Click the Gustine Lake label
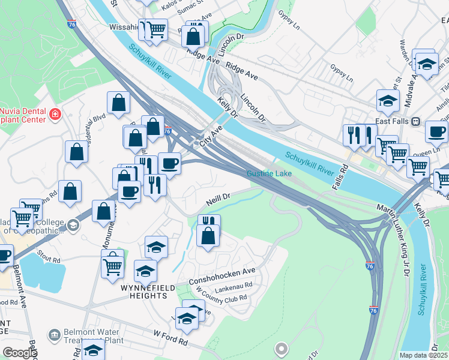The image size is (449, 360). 269,174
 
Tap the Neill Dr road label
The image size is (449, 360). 218,197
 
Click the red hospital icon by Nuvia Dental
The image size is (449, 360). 55,113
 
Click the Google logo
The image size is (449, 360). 19,353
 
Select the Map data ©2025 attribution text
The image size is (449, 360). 423,355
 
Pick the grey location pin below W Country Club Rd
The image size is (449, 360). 281,348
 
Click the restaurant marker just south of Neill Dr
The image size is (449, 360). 208,221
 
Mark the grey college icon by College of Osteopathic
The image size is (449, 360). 73,225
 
